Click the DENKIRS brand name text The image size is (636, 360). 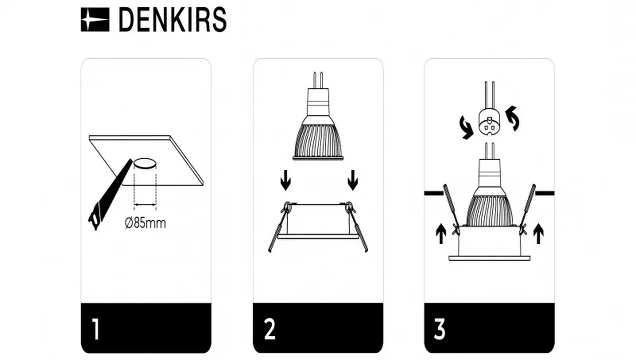172,20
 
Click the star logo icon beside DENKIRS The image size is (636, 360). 95,20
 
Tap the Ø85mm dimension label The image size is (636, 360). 145,223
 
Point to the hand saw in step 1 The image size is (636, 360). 110,195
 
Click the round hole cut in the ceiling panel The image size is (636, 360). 145,164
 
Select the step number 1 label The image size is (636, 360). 96,329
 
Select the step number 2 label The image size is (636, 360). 270,329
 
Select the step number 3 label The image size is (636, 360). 440,329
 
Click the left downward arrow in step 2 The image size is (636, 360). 285,180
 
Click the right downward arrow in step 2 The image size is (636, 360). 353,180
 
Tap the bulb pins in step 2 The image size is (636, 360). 318,80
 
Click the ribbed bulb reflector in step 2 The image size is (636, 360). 318,140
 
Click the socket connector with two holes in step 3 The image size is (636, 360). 489,122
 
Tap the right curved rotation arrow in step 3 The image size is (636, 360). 513,118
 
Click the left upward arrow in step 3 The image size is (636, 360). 441,234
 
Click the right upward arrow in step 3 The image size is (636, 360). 538,234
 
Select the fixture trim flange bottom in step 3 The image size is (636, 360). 489,258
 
